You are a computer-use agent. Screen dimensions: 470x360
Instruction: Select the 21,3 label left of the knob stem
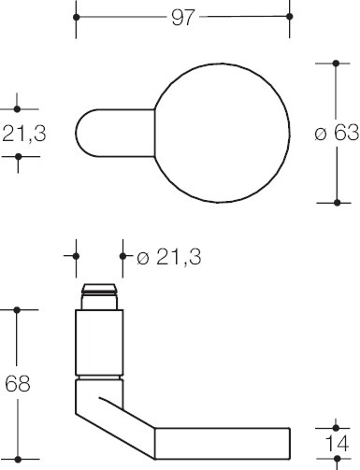pyautogui.click(x=22, y=134)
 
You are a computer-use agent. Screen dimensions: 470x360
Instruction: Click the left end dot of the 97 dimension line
pyautogui.click(x=77, y=18)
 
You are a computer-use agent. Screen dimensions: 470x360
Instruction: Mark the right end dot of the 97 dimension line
pyautogui.click(x=287, y=18)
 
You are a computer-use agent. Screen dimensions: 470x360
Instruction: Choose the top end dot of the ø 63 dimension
pyautogui.click(x=336, y=63)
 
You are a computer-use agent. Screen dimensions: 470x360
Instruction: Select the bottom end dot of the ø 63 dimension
pyautogui.click(x=336, y=202)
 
